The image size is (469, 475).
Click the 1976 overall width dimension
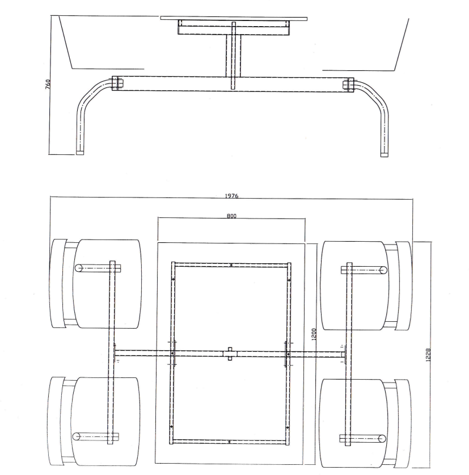[231, 196]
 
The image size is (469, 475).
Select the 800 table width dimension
[231, 216]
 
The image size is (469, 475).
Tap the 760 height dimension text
[48, 84]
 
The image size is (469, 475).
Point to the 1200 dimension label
[314, 334]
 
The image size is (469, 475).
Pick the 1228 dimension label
[428, 355]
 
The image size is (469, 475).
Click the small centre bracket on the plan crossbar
[230, 354]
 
